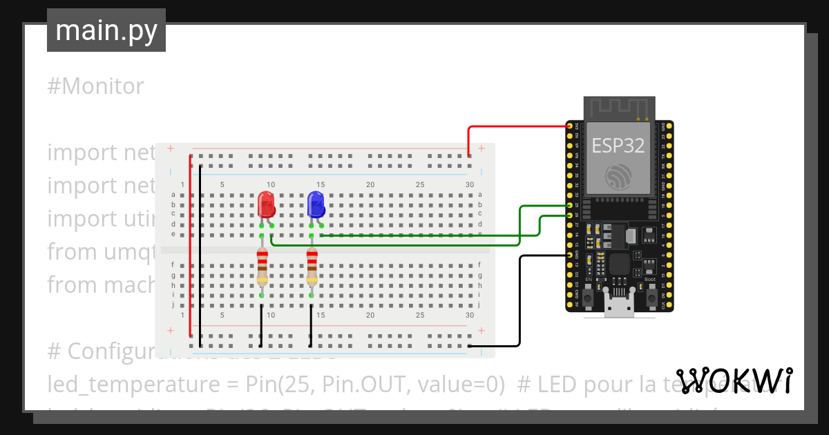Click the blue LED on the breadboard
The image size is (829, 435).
[316, 204]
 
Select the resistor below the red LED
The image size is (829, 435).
[262, 268]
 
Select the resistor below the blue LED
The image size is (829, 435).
[312, 268]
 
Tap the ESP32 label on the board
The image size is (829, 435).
[618, 146]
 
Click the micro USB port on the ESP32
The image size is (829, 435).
[619, 308]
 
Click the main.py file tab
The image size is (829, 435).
[106, 30]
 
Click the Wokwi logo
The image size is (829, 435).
[734, 380]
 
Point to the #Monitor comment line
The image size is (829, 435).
[96, 86]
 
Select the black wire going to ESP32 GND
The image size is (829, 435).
[520, 304]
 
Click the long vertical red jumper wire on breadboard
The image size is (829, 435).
[190, 249]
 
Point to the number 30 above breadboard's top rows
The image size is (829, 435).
[470, 184]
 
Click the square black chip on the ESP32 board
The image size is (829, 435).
[619, 265]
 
